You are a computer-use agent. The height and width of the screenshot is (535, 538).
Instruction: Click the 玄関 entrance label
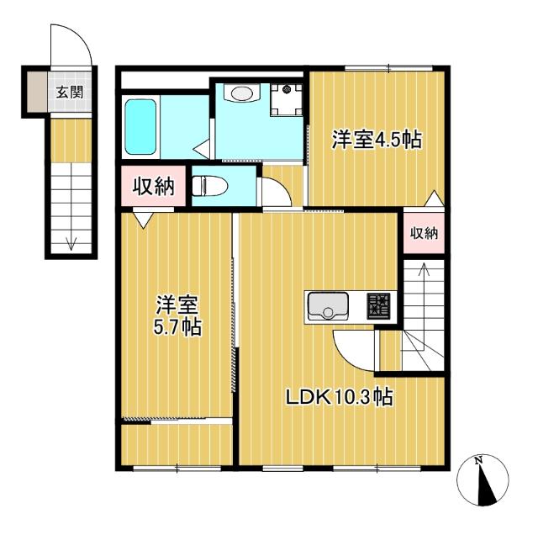point(70,92)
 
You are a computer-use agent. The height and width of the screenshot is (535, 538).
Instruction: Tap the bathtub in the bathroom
point(140,127)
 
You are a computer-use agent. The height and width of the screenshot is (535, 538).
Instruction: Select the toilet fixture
point(209,186)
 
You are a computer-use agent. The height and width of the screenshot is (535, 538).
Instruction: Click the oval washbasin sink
point(242,93)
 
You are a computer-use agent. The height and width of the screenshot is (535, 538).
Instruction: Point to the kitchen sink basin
point(329,305)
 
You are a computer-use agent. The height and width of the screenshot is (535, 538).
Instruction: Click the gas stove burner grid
point(379,306)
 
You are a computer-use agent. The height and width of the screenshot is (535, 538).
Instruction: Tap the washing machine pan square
point(286,100)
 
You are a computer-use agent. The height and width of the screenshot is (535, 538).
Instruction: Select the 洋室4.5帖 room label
point(377,140)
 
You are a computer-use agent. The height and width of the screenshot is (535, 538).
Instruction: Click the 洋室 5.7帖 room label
point(177,315)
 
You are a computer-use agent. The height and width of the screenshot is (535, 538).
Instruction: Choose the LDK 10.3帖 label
point(340,397)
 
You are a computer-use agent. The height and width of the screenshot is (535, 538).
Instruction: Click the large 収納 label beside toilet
point(153,187)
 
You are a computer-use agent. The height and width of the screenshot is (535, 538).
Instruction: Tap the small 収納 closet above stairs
point(424,234)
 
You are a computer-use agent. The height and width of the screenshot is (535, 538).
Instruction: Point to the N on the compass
point(478,460)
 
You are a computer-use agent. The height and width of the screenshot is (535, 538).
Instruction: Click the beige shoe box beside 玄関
point(37,92)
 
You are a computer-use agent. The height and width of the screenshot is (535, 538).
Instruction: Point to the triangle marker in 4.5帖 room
point(435,199)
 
